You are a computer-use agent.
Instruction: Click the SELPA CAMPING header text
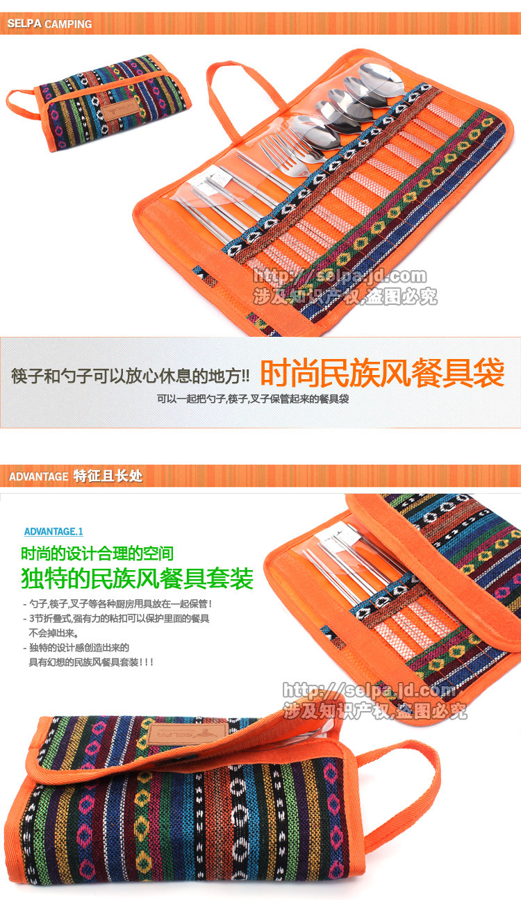[49, 24]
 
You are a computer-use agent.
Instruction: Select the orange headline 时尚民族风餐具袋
[381, 374]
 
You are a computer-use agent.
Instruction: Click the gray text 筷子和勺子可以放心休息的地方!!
[130, 376]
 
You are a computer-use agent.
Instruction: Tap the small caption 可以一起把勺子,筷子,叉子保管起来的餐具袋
[252, 399]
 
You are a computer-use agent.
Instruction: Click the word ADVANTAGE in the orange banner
[38, 477]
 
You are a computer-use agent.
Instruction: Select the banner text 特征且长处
[108, 477]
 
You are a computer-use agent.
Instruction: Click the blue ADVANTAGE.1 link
[53, 531]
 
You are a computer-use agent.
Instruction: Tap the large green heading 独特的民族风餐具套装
[138, 578]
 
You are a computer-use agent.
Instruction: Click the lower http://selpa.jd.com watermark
[369, 690]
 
